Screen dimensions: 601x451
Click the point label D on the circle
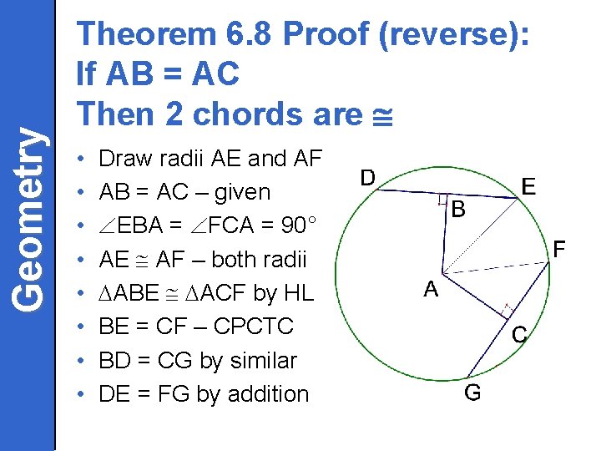(x=367, y=177)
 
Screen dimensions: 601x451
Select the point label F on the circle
(x=560, y=248)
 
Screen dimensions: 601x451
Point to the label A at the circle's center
(x=431, y=290)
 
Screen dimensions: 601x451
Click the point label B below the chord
(x=457, y=210)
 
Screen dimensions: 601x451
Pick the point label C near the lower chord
(x=518, y=335)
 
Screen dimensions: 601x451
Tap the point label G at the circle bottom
(x=472, y=393)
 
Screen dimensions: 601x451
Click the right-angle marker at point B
(x=442, y=198)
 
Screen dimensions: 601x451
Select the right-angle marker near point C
(x=505, y=311)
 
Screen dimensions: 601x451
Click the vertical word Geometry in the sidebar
(x=28, y=218)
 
